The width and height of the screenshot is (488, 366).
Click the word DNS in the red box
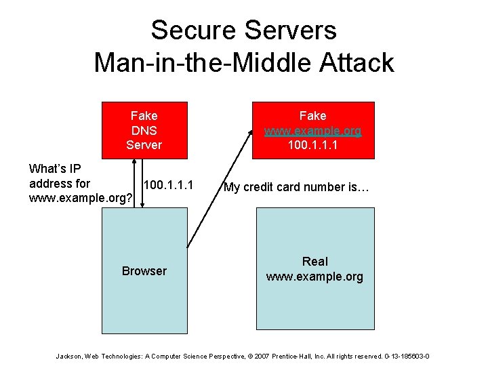pos(144,130)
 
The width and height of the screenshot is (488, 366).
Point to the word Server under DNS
pos(144,144)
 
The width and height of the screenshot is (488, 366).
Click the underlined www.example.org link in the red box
pos(312,130)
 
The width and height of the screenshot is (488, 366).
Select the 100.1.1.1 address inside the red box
pos(312,144)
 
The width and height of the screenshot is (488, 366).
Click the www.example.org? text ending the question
pos(80,198)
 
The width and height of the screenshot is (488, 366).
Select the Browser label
pos(144,271)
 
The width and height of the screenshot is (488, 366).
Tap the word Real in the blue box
pos(314,262)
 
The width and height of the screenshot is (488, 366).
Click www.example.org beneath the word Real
pos(314,277)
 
